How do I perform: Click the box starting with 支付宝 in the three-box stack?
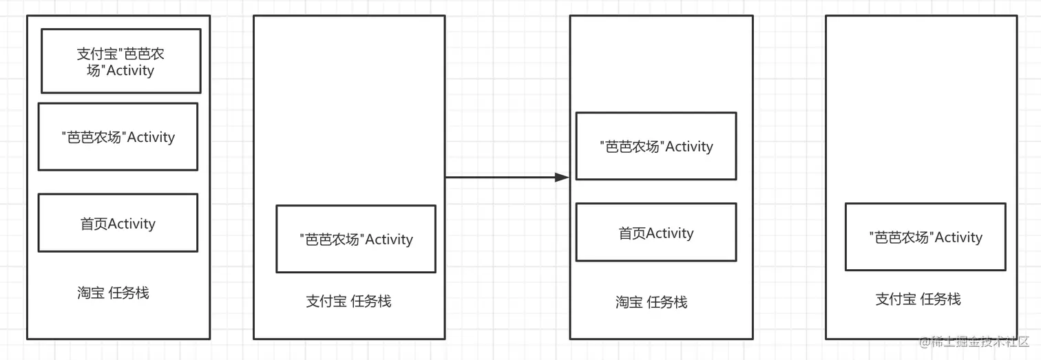pos(120,61)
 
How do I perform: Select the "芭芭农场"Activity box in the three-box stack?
pos(118,137)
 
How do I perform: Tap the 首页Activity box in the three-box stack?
pos(118,223)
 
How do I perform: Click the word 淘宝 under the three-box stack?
pos(91,293)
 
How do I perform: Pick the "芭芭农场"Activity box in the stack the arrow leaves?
pos(356,239)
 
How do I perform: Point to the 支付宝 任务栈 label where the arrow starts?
pos(348,301)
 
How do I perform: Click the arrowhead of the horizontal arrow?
pos(562,178)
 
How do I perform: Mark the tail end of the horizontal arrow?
pos(447,178)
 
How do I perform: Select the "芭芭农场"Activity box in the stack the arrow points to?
pos(656,146)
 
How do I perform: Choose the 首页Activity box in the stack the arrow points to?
pos(656,233)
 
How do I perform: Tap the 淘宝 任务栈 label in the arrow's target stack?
pos(651,301)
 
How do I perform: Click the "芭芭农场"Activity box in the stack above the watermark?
pos(925,237)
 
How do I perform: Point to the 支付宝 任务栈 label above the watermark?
pos(918,299)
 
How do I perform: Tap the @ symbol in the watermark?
pos(923,342)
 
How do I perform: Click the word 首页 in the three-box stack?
pos(94,224)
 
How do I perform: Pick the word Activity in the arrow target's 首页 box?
pos(670,233)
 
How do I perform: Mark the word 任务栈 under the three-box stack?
pos(129,293)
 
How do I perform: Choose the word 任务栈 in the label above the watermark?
pos(940,299)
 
